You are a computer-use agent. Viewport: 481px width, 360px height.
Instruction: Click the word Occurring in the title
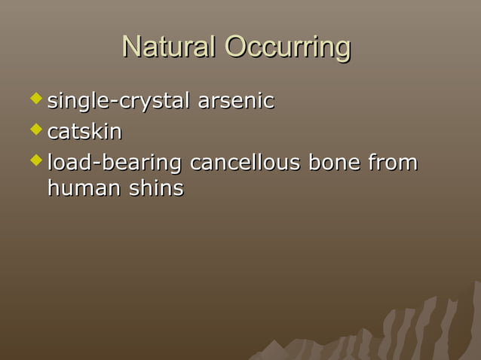point(288,48)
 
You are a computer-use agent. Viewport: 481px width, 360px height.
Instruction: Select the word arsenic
point(235,101)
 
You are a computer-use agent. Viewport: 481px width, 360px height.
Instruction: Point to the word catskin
point(84,132)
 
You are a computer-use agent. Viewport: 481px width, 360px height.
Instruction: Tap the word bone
point(335,163)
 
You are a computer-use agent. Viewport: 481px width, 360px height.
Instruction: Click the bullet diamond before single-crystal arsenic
point(35,99)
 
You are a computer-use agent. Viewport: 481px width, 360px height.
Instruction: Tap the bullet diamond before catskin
point(35,130)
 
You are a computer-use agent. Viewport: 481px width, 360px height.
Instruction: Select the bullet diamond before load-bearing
point(35,160)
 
